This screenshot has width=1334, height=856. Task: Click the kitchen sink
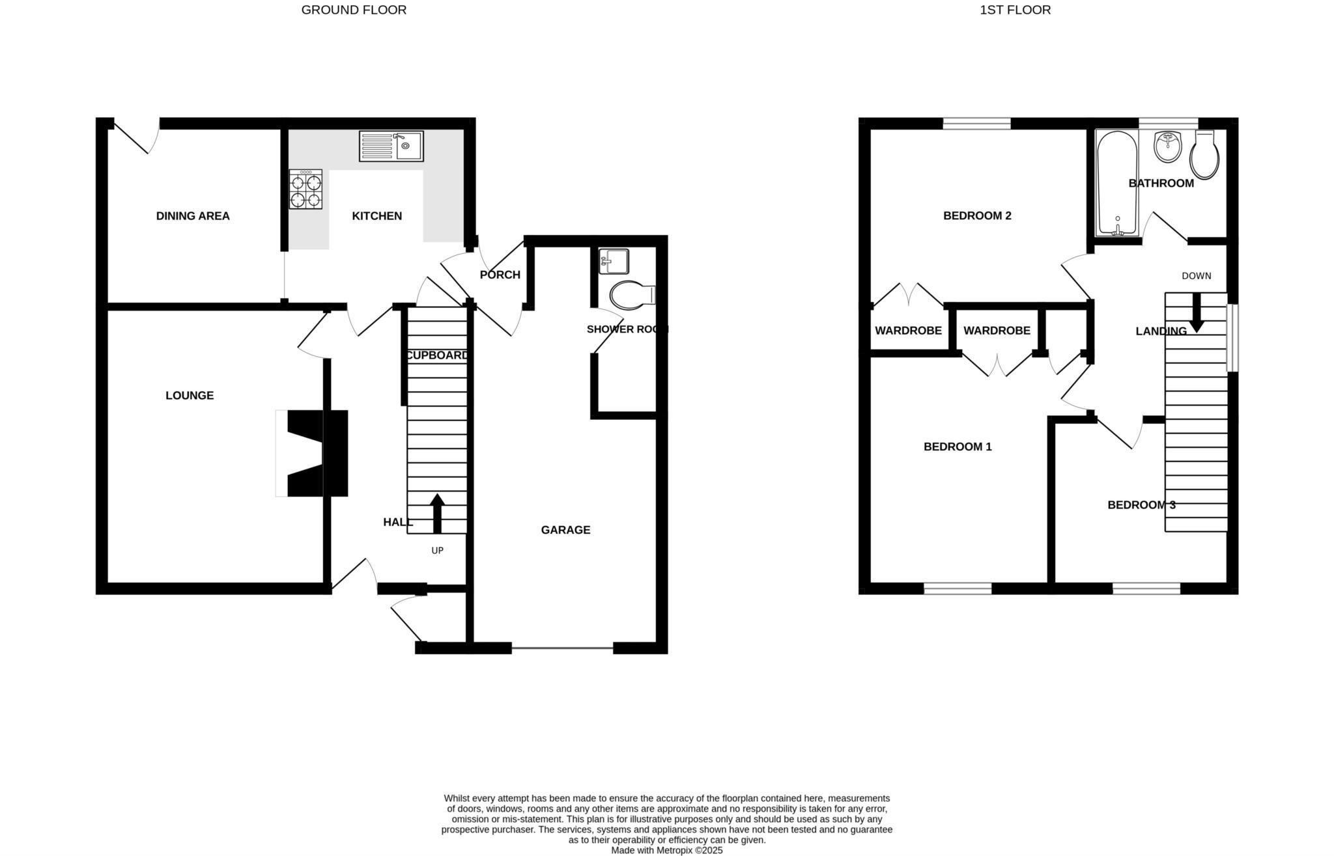[x=391, y=146]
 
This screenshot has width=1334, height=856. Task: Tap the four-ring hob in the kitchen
[x=305, y=189]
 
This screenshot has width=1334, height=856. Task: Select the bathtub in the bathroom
[x=1117, y=183]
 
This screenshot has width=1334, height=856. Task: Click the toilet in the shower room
[x=632, y=295]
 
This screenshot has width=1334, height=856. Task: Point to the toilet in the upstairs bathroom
[x=1205, y=156]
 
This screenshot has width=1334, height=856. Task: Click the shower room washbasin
[x=614, y=262]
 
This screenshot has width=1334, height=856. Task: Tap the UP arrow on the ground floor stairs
[x=437, y=514]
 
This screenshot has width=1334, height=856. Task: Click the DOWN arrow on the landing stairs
[x=1197, y=312]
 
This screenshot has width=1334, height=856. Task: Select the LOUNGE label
[x=190, y=395]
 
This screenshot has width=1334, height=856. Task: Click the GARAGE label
[x=565, y=530]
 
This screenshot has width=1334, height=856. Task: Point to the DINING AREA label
[x=193, y=216]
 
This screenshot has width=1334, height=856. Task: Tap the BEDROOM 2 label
[x=977, y=215]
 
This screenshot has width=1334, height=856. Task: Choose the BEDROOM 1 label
[x=958, y=447]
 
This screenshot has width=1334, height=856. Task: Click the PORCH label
[x=500, y=275]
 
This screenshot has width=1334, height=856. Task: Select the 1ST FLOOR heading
[x=1015, y=10]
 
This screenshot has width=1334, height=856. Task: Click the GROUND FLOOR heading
[x=354, y=10]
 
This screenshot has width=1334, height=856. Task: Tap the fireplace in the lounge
[x=313, y=453]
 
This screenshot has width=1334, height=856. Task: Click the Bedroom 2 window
[x=976, y=123]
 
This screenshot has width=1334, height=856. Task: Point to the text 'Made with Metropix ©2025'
[x=666, y=850]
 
